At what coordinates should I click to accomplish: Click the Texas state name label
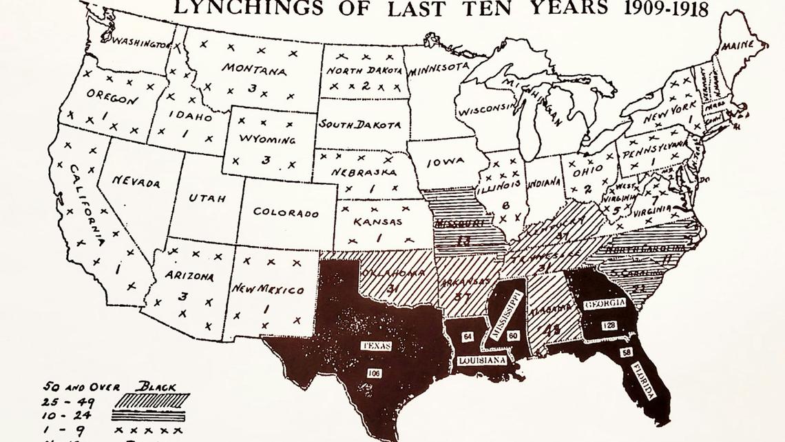(x=376, y=345)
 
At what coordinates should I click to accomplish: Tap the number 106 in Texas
(x=374, y=373)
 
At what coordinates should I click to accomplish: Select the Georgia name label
(x=605, y=304)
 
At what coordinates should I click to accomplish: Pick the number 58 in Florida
(x=626, y=353)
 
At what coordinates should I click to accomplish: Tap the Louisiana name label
(x=481, y=360)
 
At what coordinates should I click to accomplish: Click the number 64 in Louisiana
(x=468, y=336)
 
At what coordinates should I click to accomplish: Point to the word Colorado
(x=285, y=212)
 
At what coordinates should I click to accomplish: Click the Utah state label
(x=207, y=198)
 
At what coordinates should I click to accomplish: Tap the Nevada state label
(x=136, y=182)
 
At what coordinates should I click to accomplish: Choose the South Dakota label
(x=359, y=125)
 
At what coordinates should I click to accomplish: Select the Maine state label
(x=739, y=46)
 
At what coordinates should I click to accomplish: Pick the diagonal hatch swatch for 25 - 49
(x=151, y=401)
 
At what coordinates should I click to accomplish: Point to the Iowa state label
(x=446, y=163)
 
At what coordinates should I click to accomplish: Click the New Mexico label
(x=267, y=289)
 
